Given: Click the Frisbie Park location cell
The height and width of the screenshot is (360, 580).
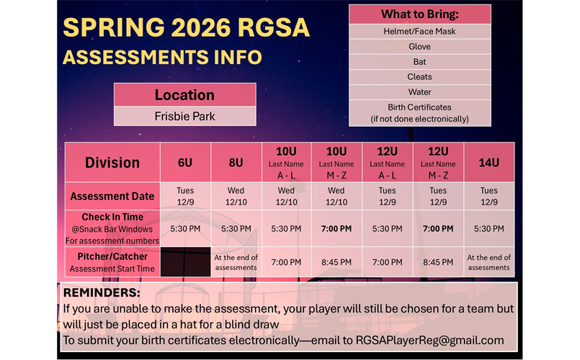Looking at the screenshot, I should tap(184, 116).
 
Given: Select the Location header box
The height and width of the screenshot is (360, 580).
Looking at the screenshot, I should tap(184, 95).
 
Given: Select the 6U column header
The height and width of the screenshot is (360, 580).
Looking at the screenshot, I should tap(185, 163).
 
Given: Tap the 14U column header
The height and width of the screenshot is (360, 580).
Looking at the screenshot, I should tap(488, 163).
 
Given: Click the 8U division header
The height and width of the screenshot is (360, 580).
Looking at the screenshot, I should tap(236, 163).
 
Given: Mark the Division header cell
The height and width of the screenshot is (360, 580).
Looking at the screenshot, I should tap(112, 163).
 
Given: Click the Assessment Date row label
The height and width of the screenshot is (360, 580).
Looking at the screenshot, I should tap(112, 196).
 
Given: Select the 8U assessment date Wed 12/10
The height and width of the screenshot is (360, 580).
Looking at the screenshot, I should tap(236, 196).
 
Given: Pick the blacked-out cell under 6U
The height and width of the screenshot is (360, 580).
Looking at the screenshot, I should tap(185, 262).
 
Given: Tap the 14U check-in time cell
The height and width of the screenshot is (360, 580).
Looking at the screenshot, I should tap(488, 228).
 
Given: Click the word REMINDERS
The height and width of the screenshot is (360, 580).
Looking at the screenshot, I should tap(102, 293).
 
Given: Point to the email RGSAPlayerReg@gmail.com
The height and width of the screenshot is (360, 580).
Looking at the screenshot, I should tap(430, 340).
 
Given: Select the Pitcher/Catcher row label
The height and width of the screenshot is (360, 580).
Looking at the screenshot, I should tap(112, 262).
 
